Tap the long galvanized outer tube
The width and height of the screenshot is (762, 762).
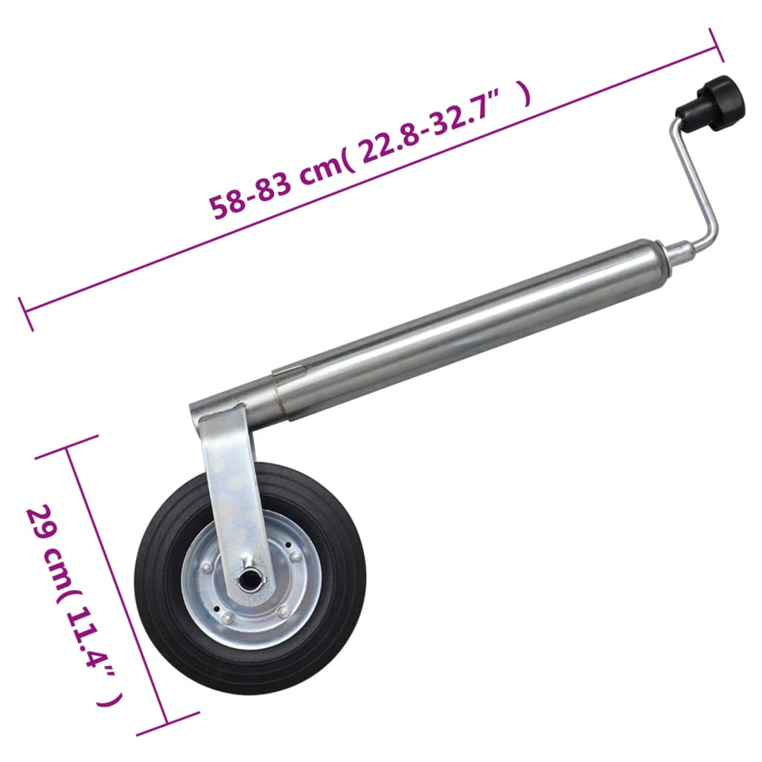(461, 327)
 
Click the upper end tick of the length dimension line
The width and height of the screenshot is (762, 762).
(717, 46)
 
